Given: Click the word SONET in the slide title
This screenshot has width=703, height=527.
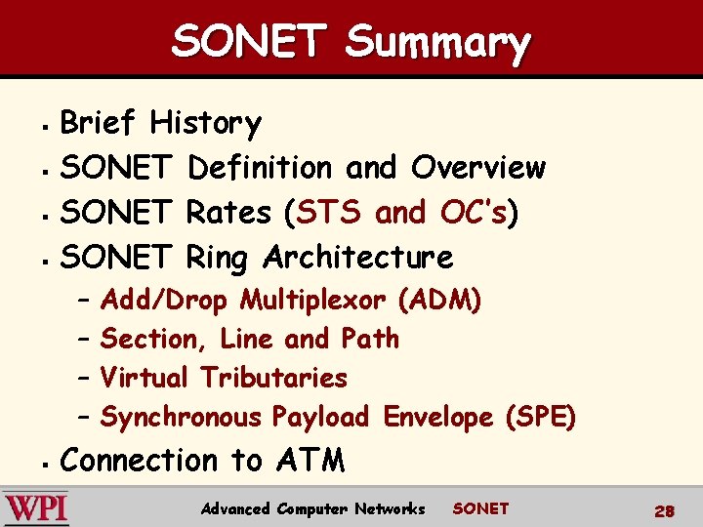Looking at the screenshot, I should click(x=248, y=42).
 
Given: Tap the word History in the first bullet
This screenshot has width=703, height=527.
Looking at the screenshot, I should click(x=205, y=123).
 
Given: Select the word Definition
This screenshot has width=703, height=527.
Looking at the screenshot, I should click(x=262, y=168).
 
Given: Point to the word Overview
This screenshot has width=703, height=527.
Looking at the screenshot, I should click(x=478, y=168).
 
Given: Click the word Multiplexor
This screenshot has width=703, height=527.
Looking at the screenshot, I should click(x=314, y=300).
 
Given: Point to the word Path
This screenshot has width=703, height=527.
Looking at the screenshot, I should click(x=370, y=339).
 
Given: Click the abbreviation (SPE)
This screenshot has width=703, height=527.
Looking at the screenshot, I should click(x=540, y=418).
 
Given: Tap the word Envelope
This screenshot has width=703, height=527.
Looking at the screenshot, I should click(x=438, y=418).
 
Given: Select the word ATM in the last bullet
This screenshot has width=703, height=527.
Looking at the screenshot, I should click(x=310, y=461).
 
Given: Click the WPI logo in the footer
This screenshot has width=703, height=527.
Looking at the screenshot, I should click(x=35, y=509).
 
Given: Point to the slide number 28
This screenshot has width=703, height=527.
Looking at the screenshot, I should click(x=665, y=510).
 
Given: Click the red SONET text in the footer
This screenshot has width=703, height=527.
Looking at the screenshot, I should click(x=480, y=508).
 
